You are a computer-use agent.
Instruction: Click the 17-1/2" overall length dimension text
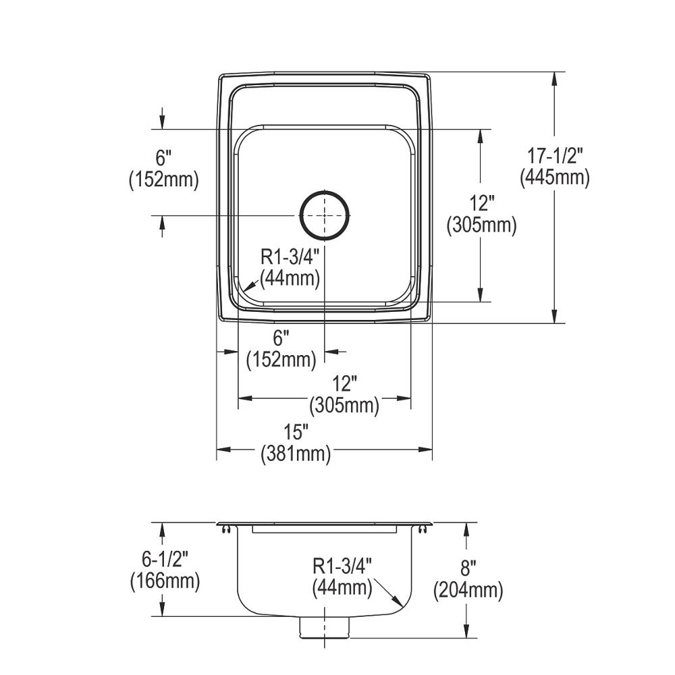point(555,156)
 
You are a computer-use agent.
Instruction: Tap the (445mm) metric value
point(555,178)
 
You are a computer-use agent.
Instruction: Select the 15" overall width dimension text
point(296,432)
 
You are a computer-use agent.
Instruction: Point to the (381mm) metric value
point(296,454)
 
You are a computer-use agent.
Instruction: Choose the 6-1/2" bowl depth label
point(165,559)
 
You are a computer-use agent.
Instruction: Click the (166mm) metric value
point(165,581)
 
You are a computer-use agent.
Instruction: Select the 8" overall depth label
point(468,569)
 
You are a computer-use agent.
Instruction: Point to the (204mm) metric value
point(468,591)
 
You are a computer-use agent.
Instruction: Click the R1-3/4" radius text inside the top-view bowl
point(290,256)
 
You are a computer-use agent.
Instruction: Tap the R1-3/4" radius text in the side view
point(342,565)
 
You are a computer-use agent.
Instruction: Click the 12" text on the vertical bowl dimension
point(481,202)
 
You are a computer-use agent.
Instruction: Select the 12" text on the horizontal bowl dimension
point(344,384)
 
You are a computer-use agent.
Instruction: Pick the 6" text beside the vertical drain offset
point(163,159)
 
